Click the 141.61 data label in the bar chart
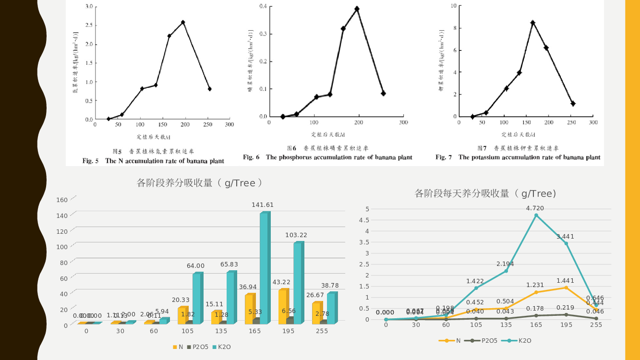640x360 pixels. (x=263, y=205)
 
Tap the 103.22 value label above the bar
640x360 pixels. (x=296, y=235)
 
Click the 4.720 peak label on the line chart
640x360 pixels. (x=535, y=208)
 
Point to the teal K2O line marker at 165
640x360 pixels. (x=536, y=215)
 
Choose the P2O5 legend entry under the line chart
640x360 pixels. (x=486, y=341)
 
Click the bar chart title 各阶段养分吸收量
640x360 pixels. (x=200, y=183)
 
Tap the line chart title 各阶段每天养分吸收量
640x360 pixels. (x=485, y=193)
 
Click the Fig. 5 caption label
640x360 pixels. (x=91, y=161)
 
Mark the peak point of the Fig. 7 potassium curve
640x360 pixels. (x=532, y=23)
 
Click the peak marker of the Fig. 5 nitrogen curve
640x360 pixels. (x=183, y=23)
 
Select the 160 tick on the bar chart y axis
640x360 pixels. (x=62, y=200)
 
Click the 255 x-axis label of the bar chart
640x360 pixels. (x=322, y=331)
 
